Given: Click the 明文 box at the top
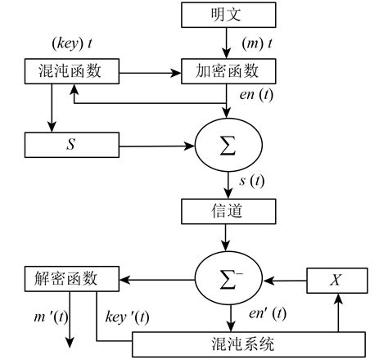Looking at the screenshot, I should coord(227,15).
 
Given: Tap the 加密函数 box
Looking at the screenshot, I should coord(227,72).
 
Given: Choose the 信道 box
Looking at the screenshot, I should coord(227,212).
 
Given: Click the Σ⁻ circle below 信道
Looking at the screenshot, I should coord(227,277).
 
